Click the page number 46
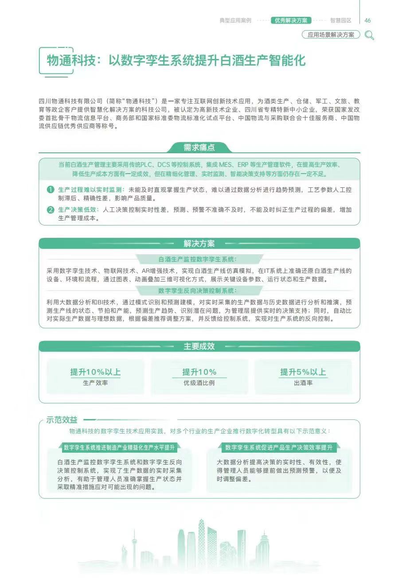[x=367, y=20]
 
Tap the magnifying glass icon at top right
[x=369, y=35]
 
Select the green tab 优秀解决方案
[x=291, y=20]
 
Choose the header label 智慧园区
[x=340, y=20]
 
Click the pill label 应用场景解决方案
[x=331, y=35]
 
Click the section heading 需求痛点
[x=199, y=147]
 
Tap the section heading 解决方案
[x=199, y=244]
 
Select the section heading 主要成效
[x=199, y=346]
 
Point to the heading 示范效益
[x=62, y=420]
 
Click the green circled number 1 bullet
[x=51, y=190]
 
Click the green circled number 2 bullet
[x=51, y=210]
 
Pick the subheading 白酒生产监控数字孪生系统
[x=198, y=259]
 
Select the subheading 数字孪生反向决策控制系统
[x=198, y=291]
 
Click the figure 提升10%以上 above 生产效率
[x=95, y=372]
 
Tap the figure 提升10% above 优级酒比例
[x=199, y=372]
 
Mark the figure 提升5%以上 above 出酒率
[x=303, y=372]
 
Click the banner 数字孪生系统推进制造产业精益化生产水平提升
[x=119, y=447]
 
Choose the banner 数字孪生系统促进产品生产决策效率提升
[x=279, y=447]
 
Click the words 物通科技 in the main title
[x=71, y=61]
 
